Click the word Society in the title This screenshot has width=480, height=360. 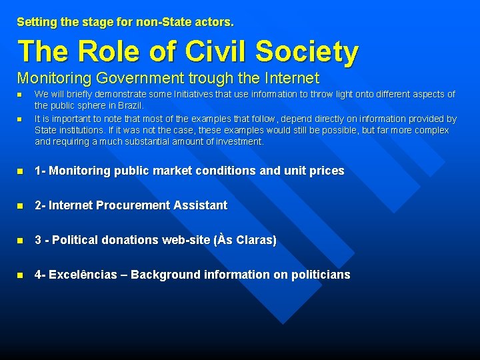point(307,51)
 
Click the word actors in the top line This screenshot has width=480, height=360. point(215,22)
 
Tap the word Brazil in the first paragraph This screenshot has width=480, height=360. point(129,105)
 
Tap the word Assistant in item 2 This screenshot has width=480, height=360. point(203,205)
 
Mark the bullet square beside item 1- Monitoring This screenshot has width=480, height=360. point(21,171)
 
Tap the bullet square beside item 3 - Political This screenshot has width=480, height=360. point(21,241)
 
